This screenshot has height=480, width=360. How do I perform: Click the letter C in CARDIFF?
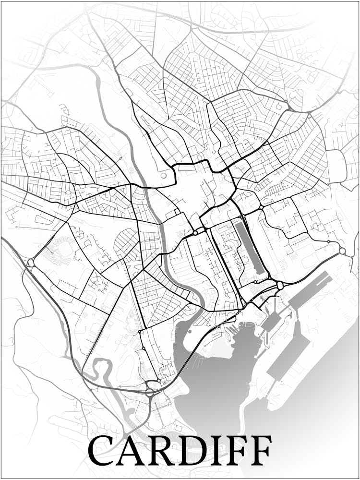click(101, 451)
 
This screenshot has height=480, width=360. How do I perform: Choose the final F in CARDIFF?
click(261, 451)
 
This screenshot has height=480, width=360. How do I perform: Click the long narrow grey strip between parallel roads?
click(249, 247)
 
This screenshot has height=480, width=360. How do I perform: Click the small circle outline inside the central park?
click(164, 176)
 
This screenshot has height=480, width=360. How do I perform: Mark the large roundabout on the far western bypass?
click(31, 263)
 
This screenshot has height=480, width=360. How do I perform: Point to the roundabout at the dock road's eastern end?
click(342, 251)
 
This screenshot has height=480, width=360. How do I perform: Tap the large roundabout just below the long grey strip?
click(280, 285)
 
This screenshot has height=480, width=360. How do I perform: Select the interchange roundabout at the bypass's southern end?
click(153, 384)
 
